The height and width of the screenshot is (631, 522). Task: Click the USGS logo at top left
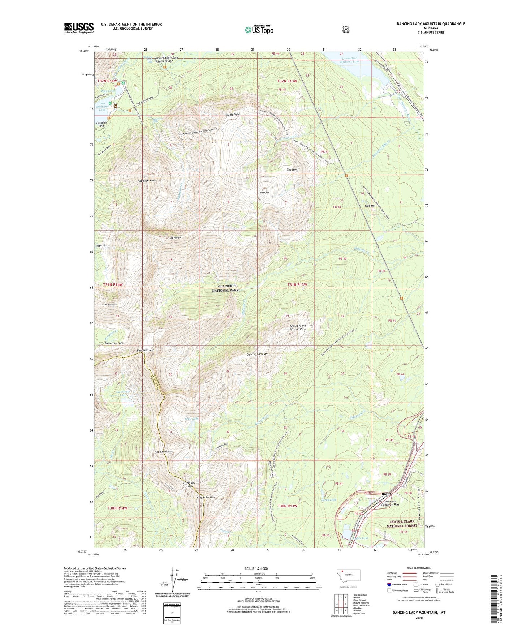(x=79, y=28)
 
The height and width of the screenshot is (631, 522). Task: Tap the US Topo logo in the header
(x=259, y=29)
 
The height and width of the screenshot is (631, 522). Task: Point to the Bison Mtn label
(x=265, y=193)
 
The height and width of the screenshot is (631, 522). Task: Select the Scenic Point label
(x=233, y=115)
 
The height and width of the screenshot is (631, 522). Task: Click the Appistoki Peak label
(x=147, y=180)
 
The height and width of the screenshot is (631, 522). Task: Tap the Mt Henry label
(x=175, y=238)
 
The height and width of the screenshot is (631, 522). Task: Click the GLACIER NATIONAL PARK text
(x=225, y=288)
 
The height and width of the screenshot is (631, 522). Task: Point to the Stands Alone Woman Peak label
(x=298, y=327)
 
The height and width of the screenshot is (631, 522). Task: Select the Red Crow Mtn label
(x=163, y=452)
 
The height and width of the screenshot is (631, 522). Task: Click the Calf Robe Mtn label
(x=206, y=497)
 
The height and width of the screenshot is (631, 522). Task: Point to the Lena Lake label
(x=191, y=418)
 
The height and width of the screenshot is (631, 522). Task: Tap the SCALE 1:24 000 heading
(x=256, y=568)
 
